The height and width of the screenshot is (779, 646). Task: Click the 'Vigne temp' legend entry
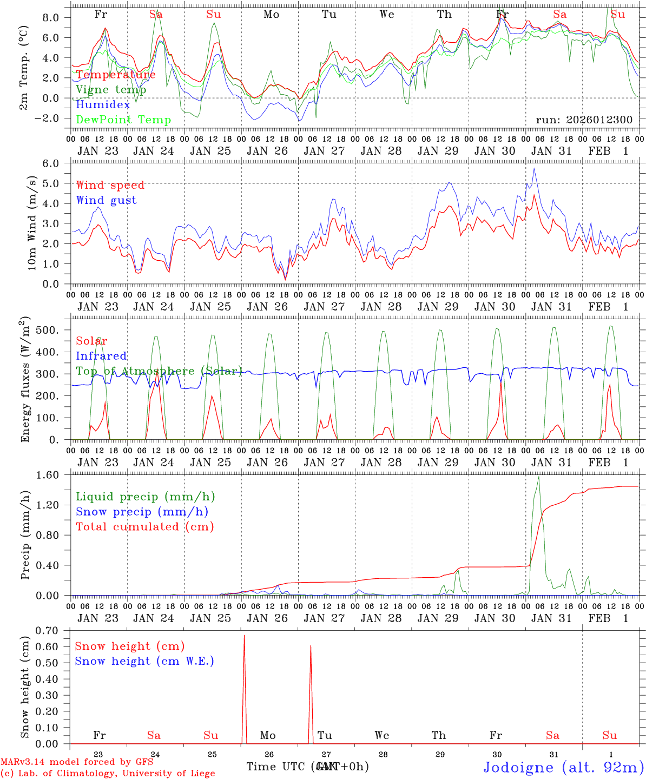pos(111,90)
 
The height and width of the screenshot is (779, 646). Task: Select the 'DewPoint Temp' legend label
pos(123,120)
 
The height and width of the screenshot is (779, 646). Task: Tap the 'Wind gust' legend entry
pos(106,200)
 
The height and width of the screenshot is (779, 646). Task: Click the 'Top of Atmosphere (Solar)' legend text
pos(159,371)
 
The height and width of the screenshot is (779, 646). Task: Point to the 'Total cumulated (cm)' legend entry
pos(144,526)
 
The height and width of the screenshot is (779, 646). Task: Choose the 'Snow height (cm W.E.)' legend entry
pos(144,661)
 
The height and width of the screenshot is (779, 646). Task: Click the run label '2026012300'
pos(584,120)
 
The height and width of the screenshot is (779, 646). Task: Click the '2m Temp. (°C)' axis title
pos(24,67)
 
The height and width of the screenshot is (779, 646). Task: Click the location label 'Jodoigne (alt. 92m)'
pos(563,767)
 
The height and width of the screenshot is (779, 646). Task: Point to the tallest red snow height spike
pos(244,636)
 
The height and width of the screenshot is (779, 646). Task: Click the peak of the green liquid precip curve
pos(538,477)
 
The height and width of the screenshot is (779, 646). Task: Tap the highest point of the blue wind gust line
pos(534,168)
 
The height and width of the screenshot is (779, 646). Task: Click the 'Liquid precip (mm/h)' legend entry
pos(145,497)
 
